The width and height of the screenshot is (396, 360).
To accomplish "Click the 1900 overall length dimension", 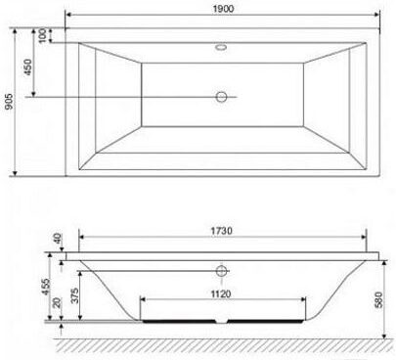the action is (x=223, y=9).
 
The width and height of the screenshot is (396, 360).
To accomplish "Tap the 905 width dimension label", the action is (x=10, y=102).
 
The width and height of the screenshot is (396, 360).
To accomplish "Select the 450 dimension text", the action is (x=28, y=67).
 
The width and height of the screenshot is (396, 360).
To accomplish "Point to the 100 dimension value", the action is (x=42, y=35).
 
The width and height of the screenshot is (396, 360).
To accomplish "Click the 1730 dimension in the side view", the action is (x=222, y=231).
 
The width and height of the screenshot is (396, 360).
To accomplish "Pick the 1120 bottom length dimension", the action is (x=221, y=294).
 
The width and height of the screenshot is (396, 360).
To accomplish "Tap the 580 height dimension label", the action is (x=378, y=300).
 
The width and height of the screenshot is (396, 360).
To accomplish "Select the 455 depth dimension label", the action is (x=46, y=287).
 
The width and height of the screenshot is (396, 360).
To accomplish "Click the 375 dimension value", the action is (x=74, y=295).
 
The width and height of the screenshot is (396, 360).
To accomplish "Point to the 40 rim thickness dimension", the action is (x=58, y=239).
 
